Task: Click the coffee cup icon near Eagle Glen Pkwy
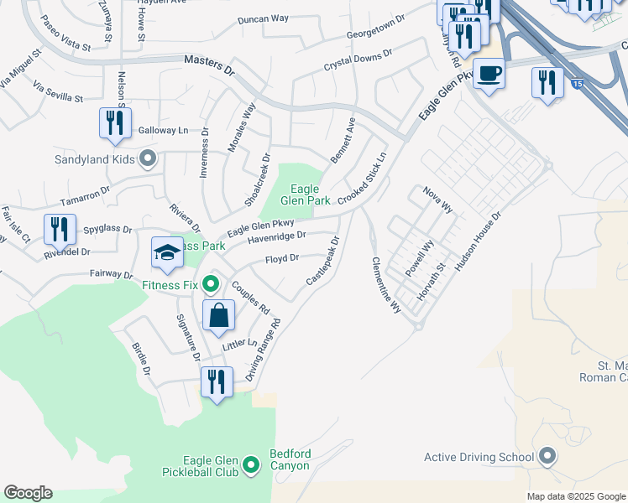[x=489, y=73]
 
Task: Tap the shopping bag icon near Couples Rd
[x=218, y=316]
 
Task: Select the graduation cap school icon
[x=167, y=251]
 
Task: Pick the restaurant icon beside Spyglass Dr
[x=60, y=229]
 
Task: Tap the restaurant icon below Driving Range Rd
[x=217, y=382]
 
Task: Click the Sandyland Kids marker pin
[x=149, y=158]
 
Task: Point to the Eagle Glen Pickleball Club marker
[x=250, y=464]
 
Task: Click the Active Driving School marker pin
[x=548, y=457]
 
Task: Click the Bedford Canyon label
[x=290, y=459]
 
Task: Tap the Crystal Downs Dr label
[x=358, y=60]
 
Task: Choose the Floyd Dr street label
[x=283, y=259]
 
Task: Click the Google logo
[x=28, y=493]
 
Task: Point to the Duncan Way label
[x=263, y=18]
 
